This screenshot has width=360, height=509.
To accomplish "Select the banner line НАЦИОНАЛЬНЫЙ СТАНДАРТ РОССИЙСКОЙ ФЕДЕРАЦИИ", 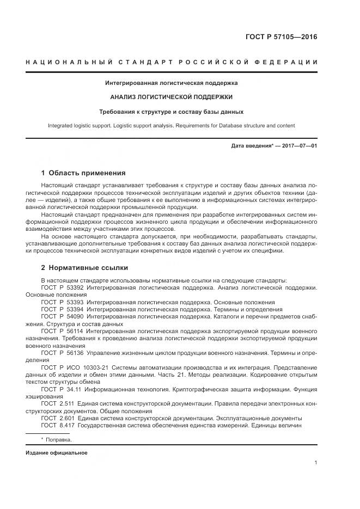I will (x=172, y=62).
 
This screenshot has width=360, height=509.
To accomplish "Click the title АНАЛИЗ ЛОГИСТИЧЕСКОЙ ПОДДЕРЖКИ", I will (x=171, y=97).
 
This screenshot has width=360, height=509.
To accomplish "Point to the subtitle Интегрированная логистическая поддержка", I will (x=171, y=83).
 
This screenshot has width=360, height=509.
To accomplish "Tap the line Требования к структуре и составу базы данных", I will (x=171, y=112).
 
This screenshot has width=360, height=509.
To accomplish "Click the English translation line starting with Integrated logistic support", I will (x=171, y=126).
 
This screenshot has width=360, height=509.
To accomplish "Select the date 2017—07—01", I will (x=298, y=146).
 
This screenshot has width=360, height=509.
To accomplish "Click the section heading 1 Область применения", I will (x=83, y=173).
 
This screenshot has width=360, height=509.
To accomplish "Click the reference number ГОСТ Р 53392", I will (x=61, y=287).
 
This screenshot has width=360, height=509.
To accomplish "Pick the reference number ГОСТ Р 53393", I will (x=61, y=302).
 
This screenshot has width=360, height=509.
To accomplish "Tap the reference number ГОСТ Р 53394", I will (x=61, y=309).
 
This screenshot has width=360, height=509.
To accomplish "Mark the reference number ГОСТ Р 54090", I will (x=61, y=316).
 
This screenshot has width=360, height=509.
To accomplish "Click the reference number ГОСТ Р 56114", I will (x=61, y=331).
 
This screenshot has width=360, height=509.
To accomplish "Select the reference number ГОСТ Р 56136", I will (x=61, y=353).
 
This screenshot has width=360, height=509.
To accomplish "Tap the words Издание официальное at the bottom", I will (x=56, y=453).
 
